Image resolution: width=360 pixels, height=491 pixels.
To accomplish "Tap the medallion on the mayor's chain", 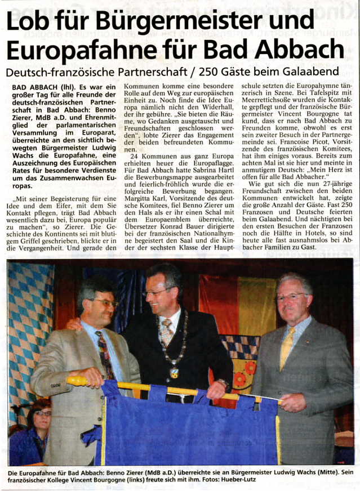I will point(175,372).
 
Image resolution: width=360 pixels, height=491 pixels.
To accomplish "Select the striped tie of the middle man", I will point(166,332).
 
